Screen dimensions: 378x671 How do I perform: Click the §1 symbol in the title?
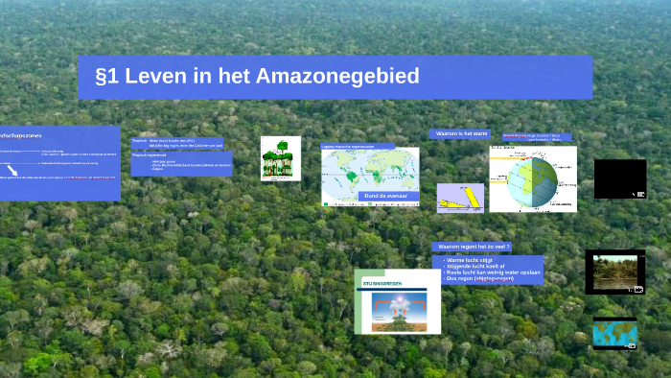coord(108,77)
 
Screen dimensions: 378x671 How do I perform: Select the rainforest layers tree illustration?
coord(281,158)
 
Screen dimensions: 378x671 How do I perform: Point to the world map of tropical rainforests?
coord(369,175)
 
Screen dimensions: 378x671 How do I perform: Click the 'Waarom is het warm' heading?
coord(461,134)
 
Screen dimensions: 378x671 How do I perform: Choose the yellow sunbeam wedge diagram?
coord(459,198)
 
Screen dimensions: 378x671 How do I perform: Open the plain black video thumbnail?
coord(620,178)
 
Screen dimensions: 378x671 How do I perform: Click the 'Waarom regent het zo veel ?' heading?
coord(474,247)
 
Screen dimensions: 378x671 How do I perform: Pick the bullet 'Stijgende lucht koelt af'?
coord(480,266)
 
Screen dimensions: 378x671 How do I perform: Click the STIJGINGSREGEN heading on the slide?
coord(382,284)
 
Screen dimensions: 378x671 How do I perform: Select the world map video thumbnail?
coord(614,333)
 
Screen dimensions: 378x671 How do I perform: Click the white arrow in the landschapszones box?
coord(12,169)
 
